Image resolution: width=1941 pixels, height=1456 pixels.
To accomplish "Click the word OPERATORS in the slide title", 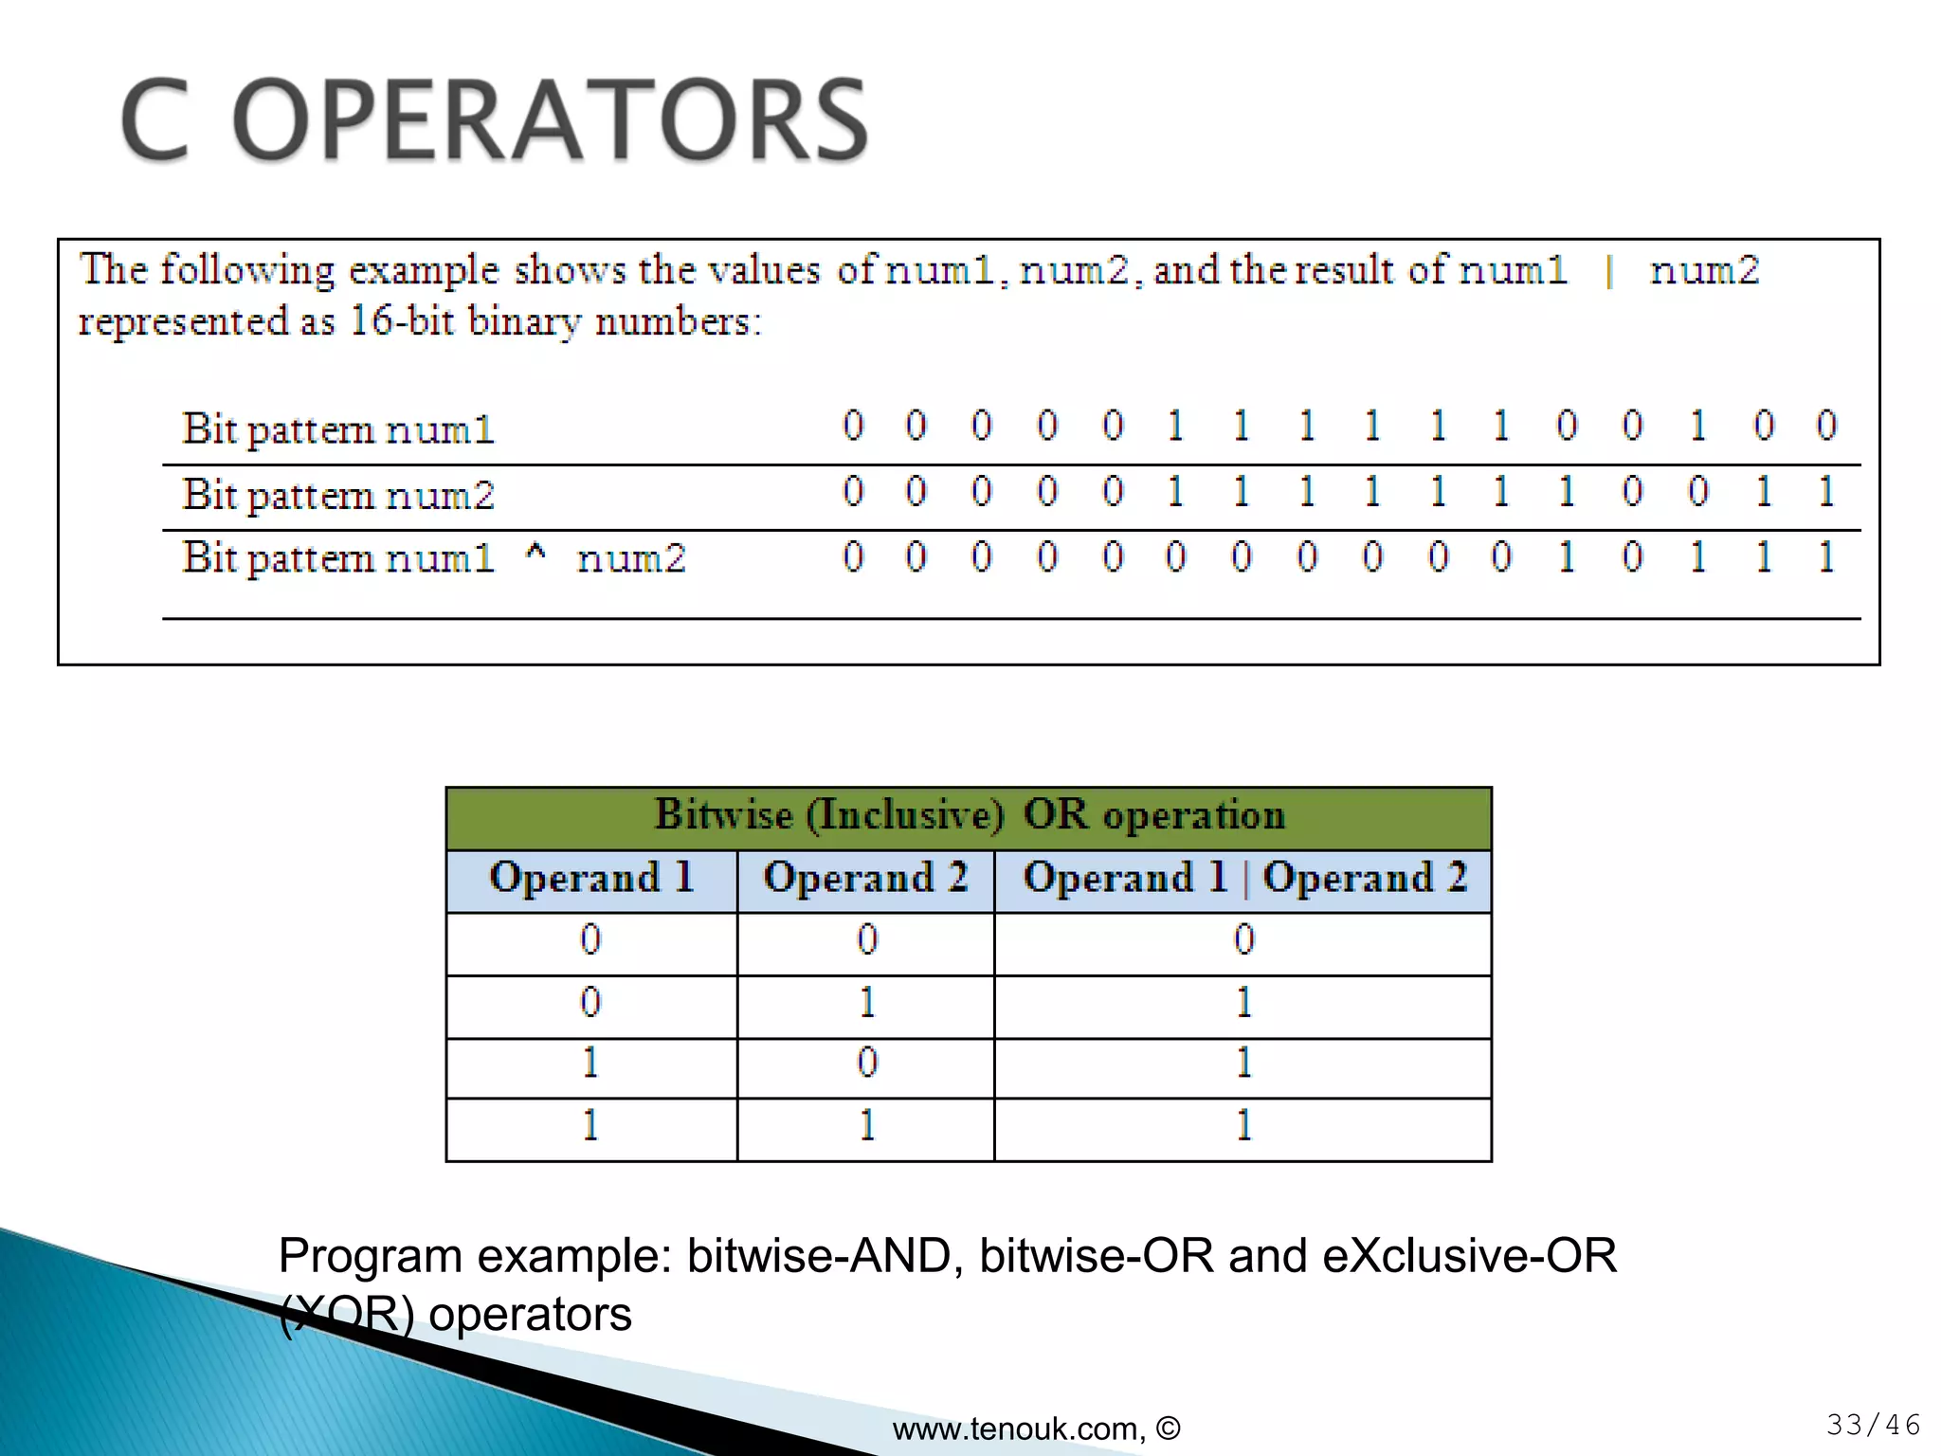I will point(550,120).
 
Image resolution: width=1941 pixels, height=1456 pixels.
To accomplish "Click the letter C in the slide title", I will point(154,120).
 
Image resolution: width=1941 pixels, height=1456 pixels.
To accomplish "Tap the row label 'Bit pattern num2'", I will point(338,495).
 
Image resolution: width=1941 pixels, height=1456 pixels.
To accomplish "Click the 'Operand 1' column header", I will point(591,878).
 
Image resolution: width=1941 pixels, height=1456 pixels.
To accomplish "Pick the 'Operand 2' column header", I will point(865,878).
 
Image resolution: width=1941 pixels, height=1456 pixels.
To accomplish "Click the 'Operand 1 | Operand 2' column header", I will point(1244,878).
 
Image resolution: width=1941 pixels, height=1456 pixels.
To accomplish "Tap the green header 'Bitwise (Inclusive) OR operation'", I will point(969,815).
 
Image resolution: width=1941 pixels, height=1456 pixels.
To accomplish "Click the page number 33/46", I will point(1873,1425).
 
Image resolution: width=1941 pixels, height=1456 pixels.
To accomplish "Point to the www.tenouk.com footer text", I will point(1035,1429).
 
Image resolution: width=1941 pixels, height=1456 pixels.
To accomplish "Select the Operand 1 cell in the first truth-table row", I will point(590,940).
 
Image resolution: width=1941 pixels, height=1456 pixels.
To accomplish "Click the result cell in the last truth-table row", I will point(1243,1126).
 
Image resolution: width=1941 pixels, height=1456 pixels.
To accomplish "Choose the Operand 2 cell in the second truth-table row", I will point(866,1003).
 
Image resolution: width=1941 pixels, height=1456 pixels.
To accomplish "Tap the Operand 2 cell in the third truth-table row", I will point(866,1064).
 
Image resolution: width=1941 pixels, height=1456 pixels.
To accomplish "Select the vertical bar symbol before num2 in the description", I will point(1609,272).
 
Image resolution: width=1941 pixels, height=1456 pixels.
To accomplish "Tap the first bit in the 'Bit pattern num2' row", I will point(853,491).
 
